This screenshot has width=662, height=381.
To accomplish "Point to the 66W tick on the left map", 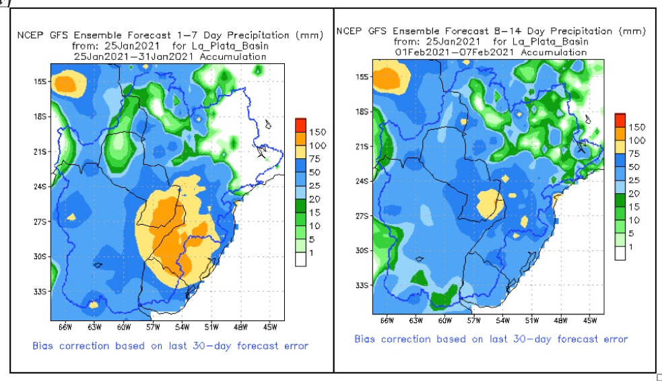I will pyautogui.click(x=65, y=327).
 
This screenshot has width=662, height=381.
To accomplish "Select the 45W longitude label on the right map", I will pyautogui.click(x=589, y=321).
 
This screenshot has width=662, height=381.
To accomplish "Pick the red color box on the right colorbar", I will pyautogui.click(x=620, y=119).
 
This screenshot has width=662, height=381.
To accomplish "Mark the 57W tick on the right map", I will pyautogui.click(x=474, y=321).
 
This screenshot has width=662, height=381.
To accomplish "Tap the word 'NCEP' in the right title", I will pyautogui.click(x=349, y=31).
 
